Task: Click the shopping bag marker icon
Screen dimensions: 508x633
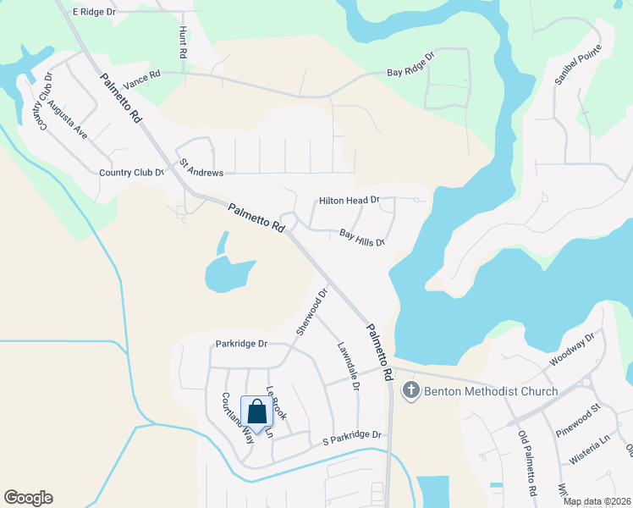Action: click(x=256, y=412)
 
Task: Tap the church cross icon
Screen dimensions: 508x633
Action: click(x=410, y=390)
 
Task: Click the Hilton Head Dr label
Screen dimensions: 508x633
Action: click(x=350, y=201)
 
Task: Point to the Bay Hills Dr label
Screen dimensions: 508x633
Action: click(x=362, y=237)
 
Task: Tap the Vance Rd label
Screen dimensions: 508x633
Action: click(x=141, y=81)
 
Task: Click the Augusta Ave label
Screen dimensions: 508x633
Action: click(x=68, y=119)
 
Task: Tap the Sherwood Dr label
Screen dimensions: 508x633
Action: click(x=311, y=312)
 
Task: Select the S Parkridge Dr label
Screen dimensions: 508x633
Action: click(x=353, y=435)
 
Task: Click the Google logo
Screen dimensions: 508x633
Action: click(x=28, y=498)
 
